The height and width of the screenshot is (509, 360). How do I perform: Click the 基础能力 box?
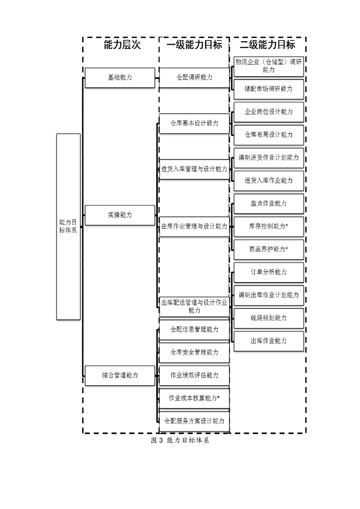pyautogui.click(x=120, y=78)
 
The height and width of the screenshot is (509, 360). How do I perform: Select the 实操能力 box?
pyautogui.click(x=120, y=215)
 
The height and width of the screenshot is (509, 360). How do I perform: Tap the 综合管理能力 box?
pyautogui.click(x=120, y=376)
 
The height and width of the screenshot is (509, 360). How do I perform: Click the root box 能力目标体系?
pyautogui.click(x=68, y=226)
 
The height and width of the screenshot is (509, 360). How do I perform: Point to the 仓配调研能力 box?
pyautogui.click(x=194, y=78)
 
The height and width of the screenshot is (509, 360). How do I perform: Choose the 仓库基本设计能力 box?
pyautogui.click(x=194, y=123)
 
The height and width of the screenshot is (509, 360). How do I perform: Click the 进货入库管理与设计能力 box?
pyautogui.click(x=194, y=169)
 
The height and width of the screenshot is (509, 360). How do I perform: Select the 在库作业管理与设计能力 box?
pyautogui.click(x=194, y=226)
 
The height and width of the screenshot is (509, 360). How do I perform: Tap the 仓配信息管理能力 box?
pyautogui.click(x=194, y=330)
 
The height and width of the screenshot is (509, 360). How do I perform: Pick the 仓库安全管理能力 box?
pyautogui.click(x=194, y=352)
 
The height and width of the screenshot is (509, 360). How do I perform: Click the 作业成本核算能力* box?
pyautogui.click(x=194, y=398)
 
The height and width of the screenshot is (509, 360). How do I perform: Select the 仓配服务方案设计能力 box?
pyautogui.click(x=194, y=421)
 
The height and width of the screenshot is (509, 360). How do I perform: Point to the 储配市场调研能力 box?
pyautogui.click(x=269, y=89)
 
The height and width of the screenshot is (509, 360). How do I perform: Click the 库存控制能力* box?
pyautogui.click(x=269, y=226)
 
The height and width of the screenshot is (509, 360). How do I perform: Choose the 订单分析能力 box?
pyautogui.click(x=269, y=272)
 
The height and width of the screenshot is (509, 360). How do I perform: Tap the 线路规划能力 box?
pyautogui.click(x=269, y=318)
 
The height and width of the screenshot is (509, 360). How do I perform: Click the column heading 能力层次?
pyautogui.click(x=122, y=44)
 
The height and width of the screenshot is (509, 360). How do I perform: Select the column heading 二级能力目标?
pyautogui.click(x=267, y=44)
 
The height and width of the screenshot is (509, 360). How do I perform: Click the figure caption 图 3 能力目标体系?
pyautogui.click(x=180, y=440)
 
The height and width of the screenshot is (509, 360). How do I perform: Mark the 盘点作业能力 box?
pyautogui.click(x=269, y=204)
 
